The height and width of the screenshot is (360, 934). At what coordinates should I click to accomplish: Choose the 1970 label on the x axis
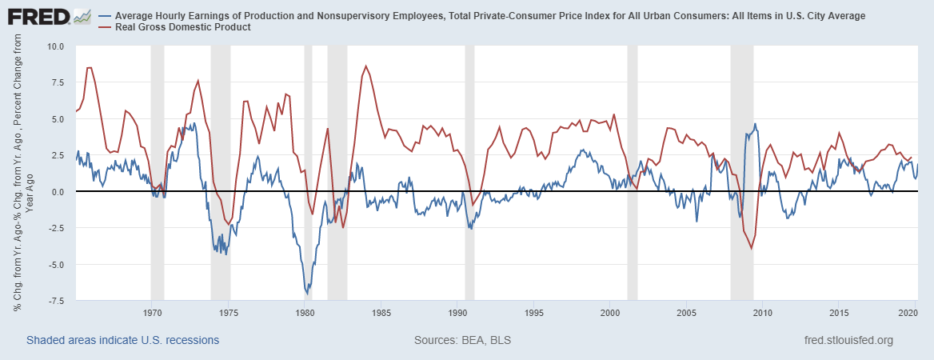[152, 312]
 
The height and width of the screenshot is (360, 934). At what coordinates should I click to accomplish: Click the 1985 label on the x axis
[381, 312]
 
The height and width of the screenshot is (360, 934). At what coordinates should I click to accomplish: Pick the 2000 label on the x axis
[610, 312]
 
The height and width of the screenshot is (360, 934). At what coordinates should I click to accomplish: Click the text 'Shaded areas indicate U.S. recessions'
[122, 340]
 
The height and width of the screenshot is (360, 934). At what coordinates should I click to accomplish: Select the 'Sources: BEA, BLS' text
[462, 340]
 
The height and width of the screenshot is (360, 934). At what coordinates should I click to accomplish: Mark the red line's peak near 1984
[365, 66]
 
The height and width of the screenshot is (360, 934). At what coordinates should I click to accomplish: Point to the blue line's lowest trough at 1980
[307, 293]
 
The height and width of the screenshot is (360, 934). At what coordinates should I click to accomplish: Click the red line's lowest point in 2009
[751, 248]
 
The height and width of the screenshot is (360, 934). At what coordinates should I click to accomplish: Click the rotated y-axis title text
[22, 172]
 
